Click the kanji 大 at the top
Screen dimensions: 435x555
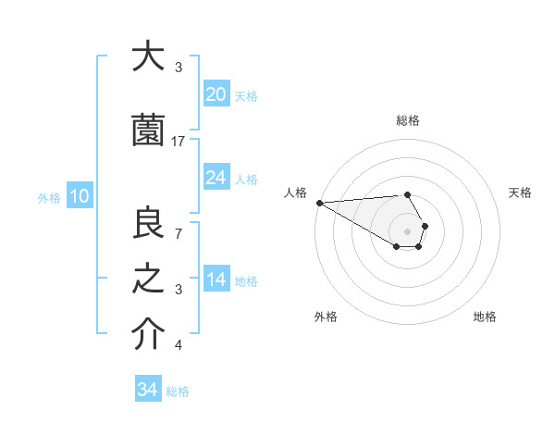tap(148, 58)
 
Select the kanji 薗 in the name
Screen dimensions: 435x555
tap(148, 131)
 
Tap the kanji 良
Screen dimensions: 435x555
tap(148, 223)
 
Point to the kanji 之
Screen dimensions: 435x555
tap(148, 279)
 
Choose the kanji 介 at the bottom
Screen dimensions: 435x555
tap(148, 335)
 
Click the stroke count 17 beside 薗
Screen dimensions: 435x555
tap(179, 141)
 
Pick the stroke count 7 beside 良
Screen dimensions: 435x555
tap(179, 232)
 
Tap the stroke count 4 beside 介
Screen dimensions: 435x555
tap(179, 345)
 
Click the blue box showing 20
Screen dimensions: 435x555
tap(216, 94)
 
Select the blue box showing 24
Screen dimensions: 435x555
tap(216, 177)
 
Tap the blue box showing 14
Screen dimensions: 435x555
tap(216, 280)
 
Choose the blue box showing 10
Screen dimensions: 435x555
tap(79, 196)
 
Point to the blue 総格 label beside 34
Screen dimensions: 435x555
tap(178, 391)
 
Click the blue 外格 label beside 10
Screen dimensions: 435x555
tap(49, 197)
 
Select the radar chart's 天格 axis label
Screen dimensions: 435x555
tap(520, 193)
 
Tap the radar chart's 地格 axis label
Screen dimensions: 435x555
tap(485, 317)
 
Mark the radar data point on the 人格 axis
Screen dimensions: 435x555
tap(319, 203)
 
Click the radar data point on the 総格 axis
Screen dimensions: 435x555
tap(407, 194)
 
